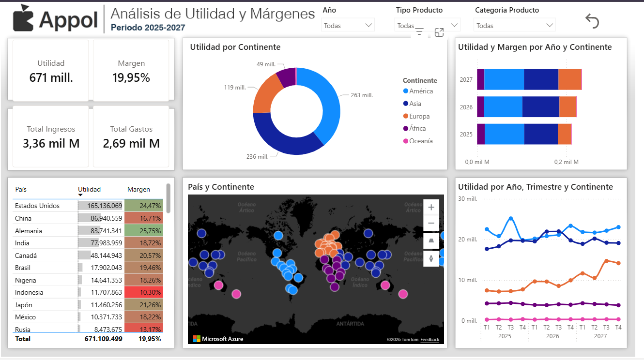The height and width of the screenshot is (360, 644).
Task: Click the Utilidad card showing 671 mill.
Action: [51, 71]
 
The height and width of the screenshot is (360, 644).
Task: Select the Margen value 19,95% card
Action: [131, 71]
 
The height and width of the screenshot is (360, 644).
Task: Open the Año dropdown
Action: [348, 25]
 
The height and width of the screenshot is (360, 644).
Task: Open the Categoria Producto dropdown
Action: [515, 25]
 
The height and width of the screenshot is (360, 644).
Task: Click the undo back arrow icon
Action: [592, 21]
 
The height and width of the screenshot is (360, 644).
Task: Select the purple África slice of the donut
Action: [286, 76]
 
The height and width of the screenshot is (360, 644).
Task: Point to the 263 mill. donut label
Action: [361, 95]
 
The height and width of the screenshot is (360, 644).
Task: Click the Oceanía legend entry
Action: [420, 141]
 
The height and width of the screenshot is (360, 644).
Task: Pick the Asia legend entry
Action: [414, 104]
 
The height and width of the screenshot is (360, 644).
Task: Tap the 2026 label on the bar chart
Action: [466, 107]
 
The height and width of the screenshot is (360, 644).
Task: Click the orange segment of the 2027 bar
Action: [569, 79]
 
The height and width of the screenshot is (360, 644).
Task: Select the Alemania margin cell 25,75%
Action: [144, 231]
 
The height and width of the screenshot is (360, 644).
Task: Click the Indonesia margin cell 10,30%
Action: [144, 292]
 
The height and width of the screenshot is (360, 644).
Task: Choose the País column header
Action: [21, 189]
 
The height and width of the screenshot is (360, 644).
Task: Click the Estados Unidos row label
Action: [37, 206]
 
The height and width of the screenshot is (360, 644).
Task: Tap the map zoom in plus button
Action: [431, 208]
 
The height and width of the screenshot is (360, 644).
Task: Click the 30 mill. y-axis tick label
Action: [468, 199]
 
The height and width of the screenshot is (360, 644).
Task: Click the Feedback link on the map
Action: [429, 340]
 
